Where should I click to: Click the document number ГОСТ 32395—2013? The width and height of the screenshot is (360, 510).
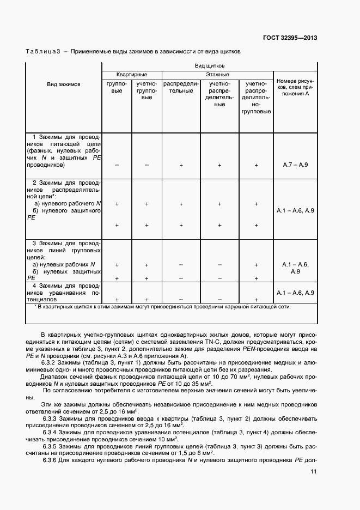(290, 38)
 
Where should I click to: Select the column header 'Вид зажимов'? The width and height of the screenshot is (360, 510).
(63, 84)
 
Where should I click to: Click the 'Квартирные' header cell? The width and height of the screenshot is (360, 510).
(131, 74)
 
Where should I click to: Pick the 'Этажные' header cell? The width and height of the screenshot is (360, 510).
(217, 74)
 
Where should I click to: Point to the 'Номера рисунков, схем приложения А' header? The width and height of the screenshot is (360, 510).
(296, 87)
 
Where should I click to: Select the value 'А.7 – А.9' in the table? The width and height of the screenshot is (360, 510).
(296, 164)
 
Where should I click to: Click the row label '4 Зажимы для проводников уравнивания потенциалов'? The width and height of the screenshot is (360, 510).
(63, 292)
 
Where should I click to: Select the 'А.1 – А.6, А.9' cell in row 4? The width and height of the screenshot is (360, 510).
(296, 293)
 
